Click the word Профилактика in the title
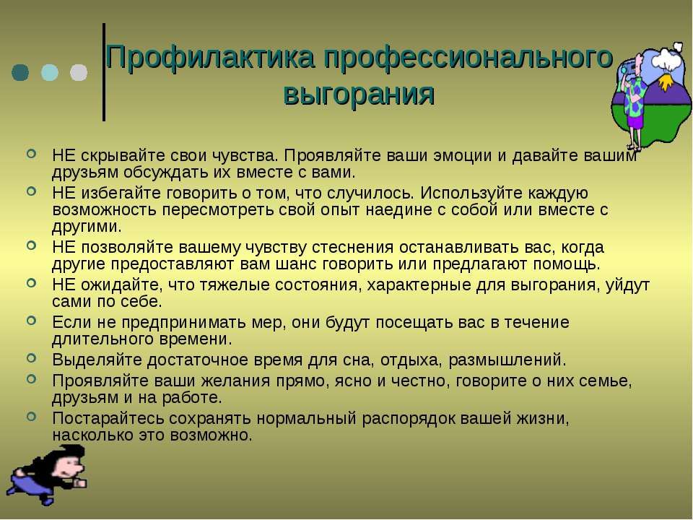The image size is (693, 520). (x=210, y=58)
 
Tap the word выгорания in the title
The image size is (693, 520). (x=359, y=94)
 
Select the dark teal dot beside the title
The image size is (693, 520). (x=20, y=72)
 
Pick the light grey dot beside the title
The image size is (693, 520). (x=79, y=72)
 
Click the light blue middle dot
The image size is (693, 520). (x=50, y=72)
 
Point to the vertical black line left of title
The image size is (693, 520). (x=104, y=71)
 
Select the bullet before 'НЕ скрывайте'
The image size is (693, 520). (x=31, y=154)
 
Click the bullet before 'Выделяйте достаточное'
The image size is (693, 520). (x=31, y=357)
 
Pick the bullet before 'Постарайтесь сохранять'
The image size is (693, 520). (x=31, y=416)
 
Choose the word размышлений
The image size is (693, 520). (x=507, y=360)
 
